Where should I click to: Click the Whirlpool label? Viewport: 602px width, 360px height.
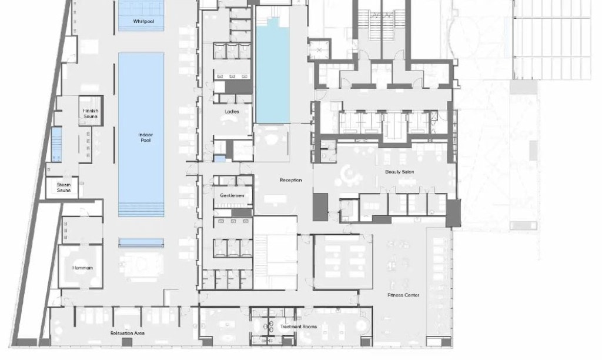coord(143,22)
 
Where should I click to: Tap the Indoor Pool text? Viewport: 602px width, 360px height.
coord(146,138)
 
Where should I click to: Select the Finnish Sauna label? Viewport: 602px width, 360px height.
coord(91,114)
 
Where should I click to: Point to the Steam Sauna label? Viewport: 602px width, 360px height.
coord(63,188)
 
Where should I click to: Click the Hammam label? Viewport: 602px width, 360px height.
coord(82,268)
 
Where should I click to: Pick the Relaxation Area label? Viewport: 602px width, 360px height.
coord(128,333)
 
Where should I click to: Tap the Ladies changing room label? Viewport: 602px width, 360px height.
coord(232,112)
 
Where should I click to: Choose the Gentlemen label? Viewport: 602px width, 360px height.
coord(232,195)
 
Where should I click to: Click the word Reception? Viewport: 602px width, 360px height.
coord(290,180)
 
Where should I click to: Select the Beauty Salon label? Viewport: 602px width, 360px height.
coord(400,172)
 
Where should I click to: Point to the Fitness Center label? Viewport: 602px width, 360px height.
coord(403,295)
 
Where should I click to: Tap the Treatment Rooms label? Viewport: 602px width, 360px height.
coord(299,326)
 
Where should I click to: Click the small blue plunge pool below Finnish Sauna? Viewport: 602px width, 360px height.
coord(56,145)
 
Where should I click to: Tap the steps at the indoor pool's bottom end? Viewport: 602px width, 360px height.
coord(141,210)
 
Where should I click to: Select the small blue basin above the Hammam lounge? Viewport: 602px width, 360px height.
coord(141,242)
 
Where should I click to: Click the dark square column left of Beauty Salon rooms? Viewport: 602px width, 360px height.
coord(320,206)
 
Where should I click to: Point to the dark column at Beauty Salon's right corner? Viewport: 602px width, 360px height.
coord(453,213)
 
